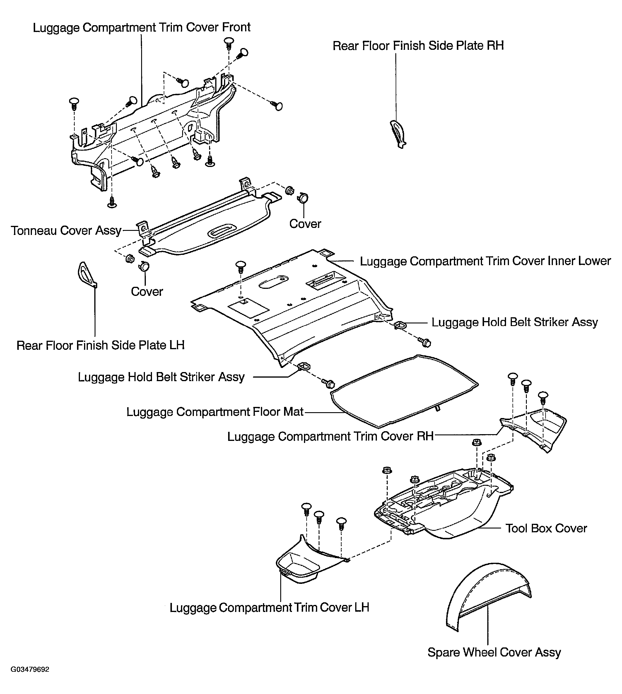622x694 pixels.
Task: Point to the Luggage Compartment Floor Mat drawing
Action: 403,391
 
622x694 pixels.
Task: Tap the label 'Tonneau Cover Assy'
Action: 66,231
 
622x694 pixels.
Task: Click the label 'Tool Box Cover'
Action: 546,528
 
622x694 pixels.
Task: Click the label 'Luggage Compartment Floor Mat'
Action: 215,412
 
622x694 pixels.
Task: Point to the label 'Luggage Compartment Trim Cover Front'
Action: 141,27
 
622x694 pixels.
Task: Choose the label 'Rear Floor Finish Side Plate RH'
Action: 418,46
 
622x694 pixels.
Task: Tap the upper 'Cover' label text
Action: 305,224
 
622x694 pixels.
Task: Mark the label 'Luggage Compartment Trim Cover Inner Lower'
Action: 485,261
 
